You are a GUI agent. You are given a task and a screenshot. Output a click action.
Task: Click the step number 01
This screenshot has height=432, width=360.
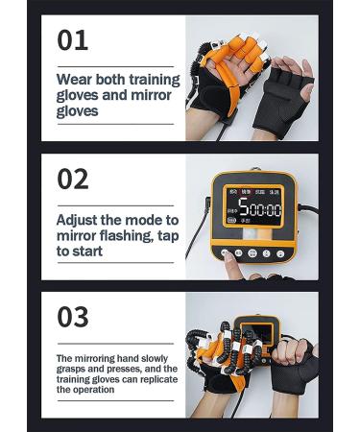73,39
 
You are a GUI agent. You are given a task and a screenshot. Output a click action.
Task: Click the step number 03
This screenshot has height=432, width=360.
73,316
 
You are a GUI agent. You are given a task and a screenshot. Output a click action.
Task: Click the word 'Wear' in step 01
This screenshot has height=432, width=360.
77,78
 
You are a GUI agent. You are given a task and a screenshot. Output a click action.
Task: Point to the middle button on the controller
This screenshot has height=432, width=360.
252,254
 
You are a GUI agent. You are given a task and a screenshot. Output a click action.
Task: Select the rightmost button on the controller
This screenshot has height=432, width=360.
280,254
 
